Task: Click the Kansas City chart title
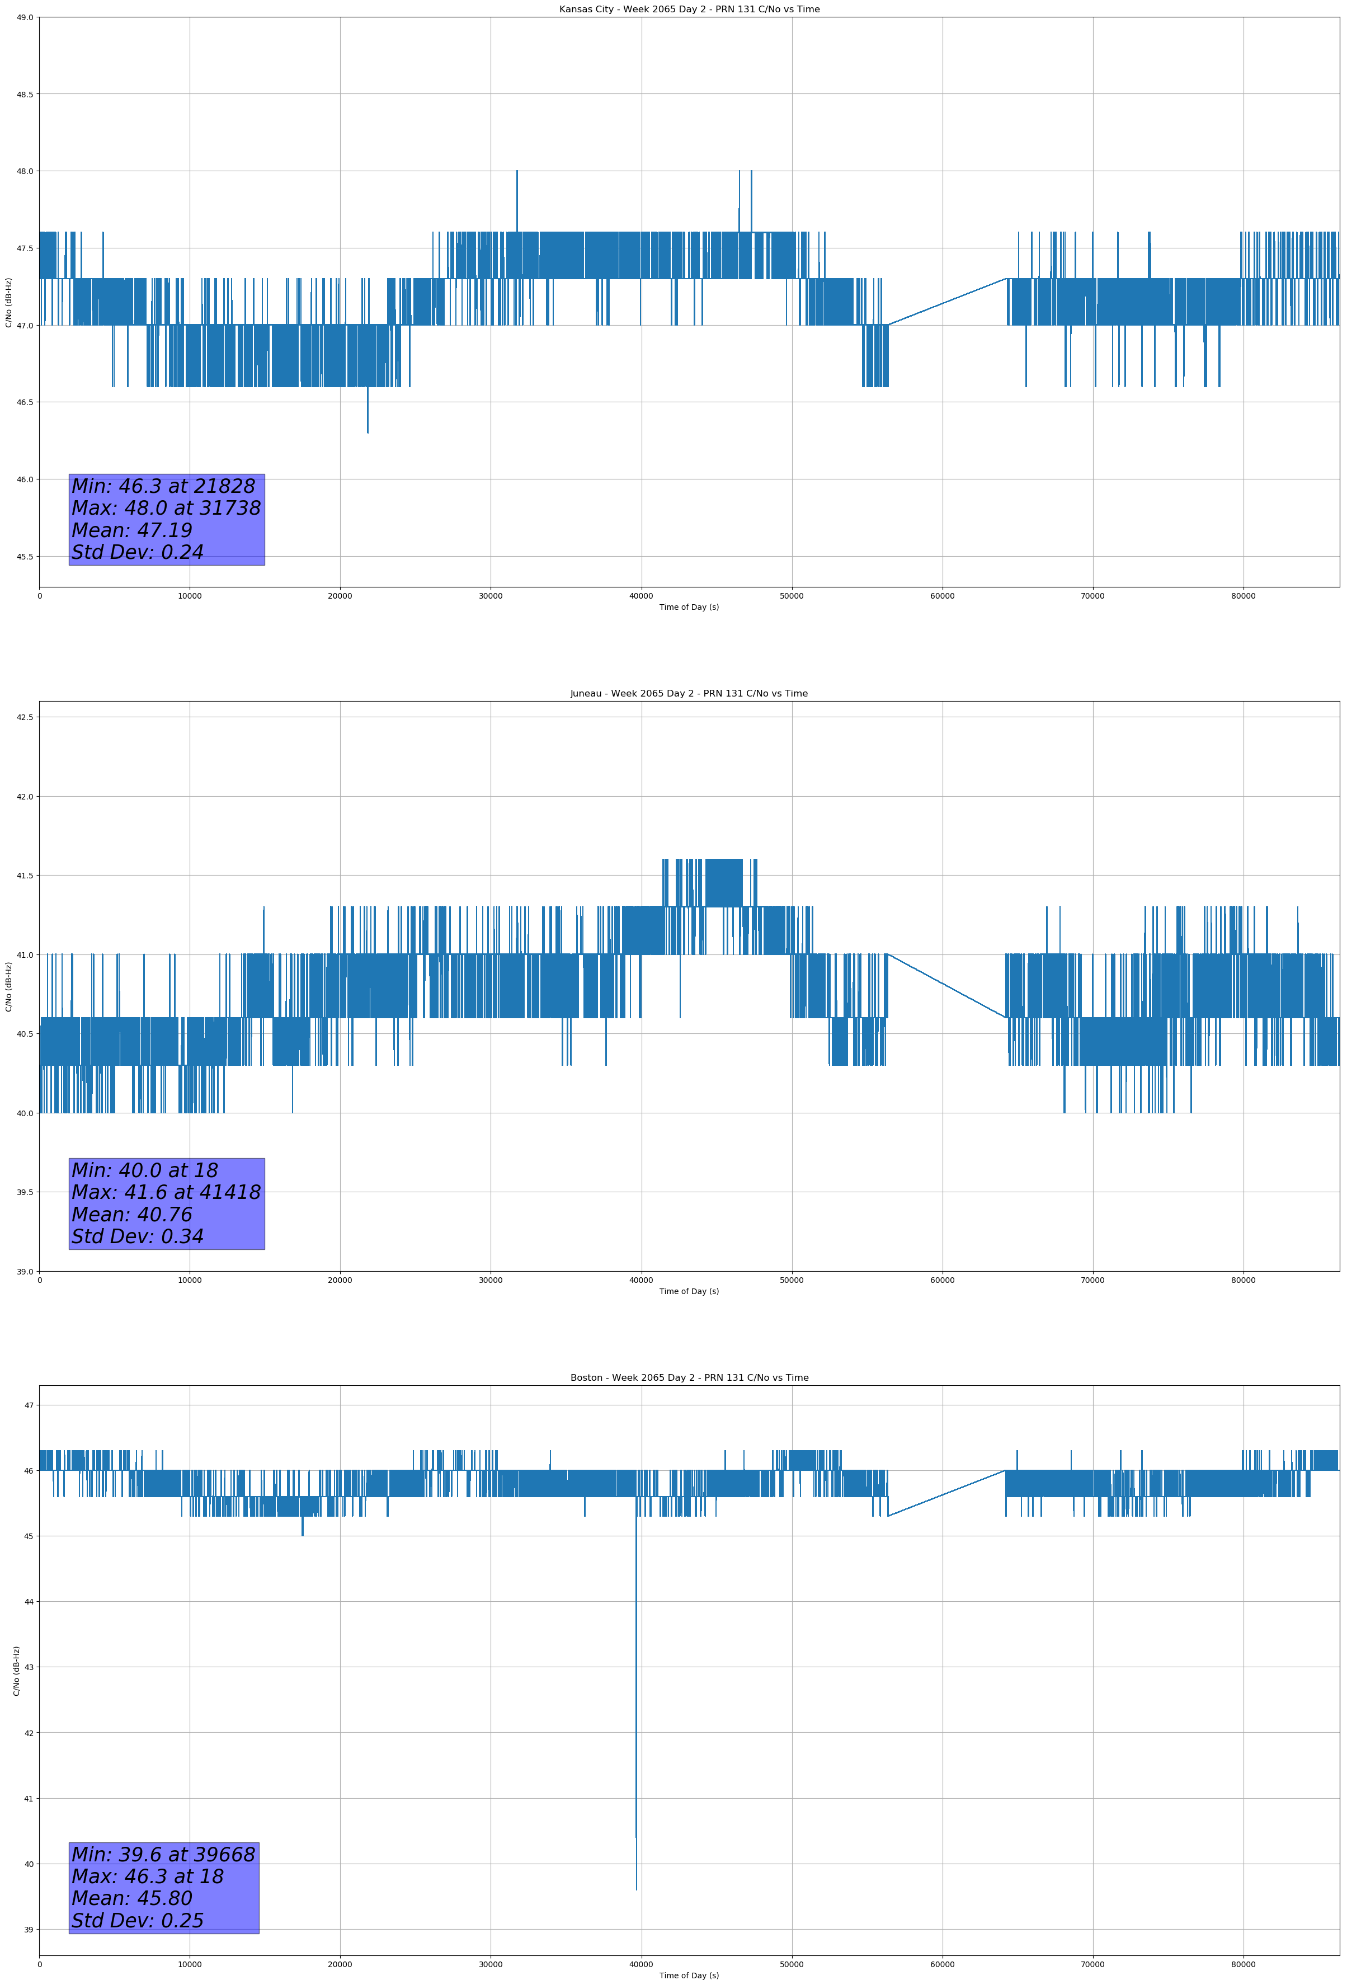(689, 10)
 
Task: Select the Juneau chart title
(689, 694)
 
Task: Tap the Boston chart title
(689, 1378)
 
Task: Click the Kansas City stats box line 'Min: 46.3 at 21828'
(163, 486)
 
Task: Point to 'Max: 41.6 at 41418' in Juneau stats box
(166, 1192)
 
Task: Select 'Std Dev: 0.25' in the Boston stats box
(138, 1920)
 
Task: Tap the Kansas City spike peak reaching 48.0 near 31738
(517, 171)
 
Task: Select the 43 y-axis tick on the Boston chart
(29, 1667)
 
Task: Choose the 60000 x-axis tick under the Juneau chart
(942, 1280)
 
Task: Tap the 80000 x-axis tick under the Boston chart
(1244, 1964)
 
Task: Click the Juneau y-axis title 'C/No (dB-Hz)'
(8, 986)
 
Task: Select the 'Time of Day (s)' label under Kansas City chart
(689, 607)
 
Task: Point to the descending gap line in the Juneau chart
(947, 986)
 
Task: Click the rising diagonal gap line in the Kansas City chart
(947, 302)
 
